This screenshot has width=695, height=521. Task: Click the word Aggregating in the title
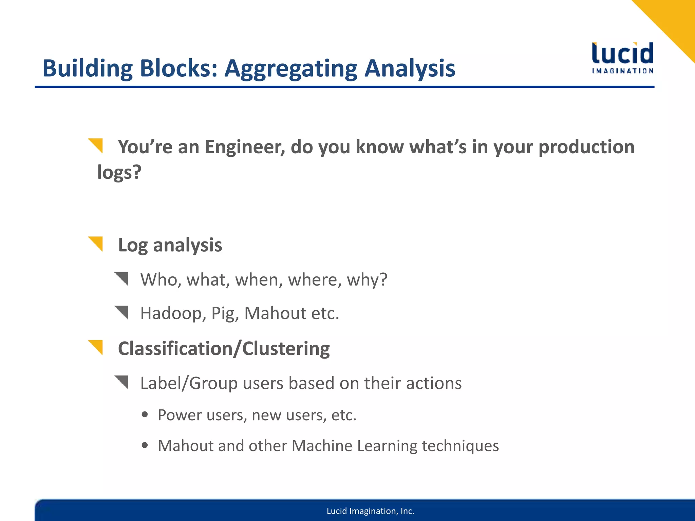(291, 69)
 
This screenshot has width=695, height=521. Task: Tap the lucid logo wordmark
(622, 54)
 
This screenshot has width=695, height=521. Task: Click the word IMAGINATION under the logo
(622, 71)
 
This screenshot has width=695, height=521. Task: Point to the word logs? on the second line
(119, 172)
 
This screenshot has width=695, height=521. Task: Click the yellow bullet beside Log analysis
(96, 244)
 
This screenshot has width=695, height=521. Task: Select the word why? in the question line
(367, 280)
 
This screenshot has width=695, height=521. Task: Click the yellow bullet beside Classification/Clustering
(96, 347)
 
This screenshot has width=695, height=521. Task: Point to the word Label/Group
(189, 384)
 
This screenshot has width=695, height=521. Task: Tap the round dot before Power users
(145, 414)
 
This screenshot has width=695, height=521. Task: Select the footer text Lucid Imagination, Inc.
(370, 511)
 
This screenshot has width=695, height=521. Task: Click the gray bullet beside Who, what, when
(122, 278)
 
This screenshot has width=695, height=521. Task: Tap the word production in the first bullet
(586, 147)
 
